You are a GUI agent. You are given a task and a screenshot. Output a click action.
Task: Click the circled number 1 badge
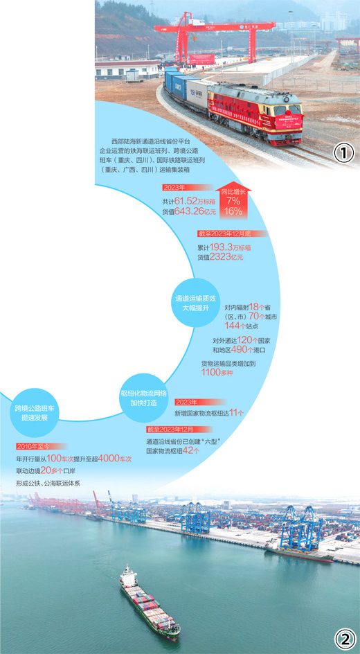pyautogui.click(x=344, y=154)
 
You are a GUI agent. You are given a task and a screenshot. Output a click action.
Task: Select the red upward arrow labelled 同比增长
pyautogui.click(x=233, y=200)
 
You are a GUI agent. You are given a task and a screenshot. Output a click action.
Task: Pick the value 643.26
pyautogui.click(x=188, y=211)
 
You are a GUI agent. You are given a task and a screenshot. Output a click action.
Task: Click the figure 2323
pyautogui.click(x=219, y=257)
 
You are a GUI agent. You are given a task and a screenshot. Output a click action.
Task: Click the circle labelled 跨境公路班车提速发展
pyautogui.click(x=35, y=412)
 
